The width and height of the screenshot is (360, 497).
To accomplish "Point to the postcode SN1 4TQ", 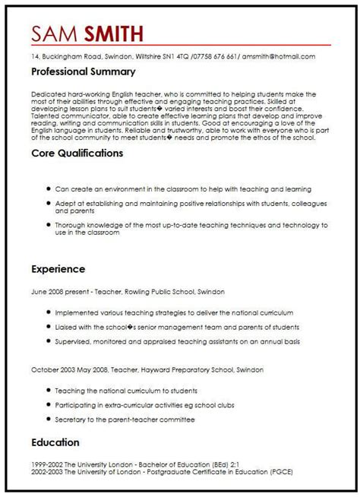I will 174,55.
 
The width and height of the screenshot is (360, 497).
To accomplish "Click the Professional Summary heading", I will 84,72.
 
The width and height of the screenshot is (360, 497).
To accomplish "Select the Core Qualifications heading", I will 77,153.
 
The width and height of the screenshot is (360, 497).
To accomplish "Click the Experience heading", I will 58,269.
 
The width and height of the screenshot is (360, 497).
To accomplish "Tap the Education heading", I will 55,442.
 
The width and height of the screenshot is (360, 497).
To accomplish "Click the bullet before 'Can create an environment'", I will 49,188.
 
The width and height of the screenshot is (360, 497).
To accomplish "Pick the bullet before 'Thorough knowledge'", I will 49,226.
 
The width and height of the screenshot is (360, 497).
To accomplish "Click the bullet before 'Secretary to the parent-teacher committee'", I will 49,419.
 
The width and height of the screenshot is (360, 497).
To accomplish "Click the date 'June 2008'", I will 48,291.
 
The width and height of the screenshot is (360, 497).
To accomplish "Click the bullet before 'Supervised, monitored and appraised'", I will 49,341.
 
